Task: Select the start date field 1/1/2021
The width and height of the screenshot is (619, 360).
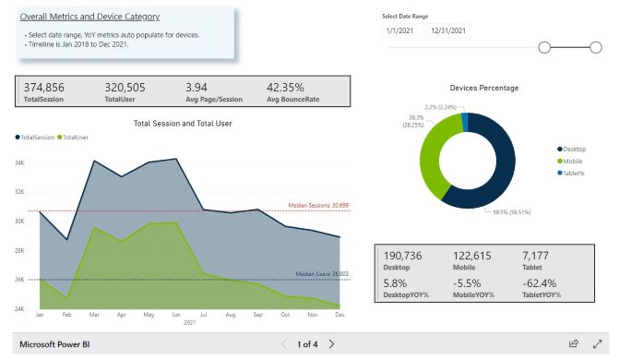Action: pyautogui.click(x=401, y=30)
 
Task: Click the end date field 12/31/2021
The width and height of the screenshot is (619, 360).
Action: pyautogui.click(x=447, y=30)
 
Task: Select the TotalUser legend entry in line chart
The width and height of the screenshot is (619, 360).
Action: pyautogui.click(x=76, y=137)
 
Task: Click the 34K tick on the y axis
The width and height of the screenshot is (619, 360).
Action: pyautogui.click(x=20, y=163)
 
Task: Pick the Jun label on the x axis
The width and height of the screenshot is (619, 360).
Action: pyautogui.click(x=175, y=315)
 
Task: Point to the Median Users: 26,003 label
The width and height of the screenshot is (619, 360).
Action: pyautogui.click(x=322, y=273)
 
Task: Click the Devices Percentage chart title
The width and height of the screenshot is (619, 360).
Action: pyautogui.click(x=483, y=88)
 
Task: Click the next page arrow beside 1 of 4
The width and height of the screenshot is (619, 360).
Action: pyautogui.click(x=332, y=344)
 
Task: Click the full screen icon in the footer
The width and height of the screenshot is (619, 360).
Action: pyautogui.click(x=597, y=344)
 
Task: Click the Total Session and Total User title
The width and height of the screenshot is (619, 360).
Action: pyautogui.click(x=184, y=123)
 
